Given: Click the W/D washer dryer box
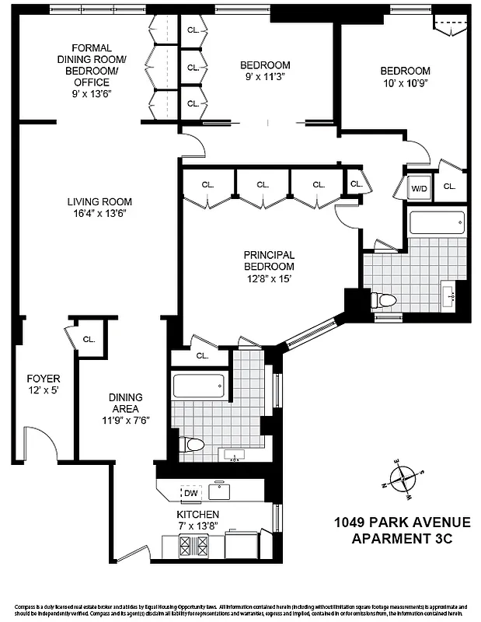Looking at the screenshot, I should click(419, 187).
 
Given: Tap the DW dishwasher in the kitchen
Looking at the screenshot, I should click(190, 492).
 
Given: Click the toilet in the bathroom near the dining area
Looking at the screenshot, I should click(193, 445).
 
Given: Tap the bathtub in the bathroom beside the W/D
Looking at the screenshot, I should click(437, 224).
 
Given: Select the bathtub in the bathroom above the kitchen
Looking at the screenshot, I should click(199, 386).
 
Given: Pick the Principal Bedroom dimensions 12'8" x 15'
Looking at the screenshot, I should click(269, 279).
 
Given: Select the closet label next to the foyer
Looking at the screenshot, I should click(89, 339).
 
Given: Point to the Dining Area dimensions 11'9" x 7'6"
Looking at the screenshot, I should click(124, 420).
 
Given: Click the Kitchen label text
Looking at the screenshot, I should click(197, 515).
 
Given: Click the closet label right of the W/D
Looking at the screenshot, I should click(449, 187).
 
